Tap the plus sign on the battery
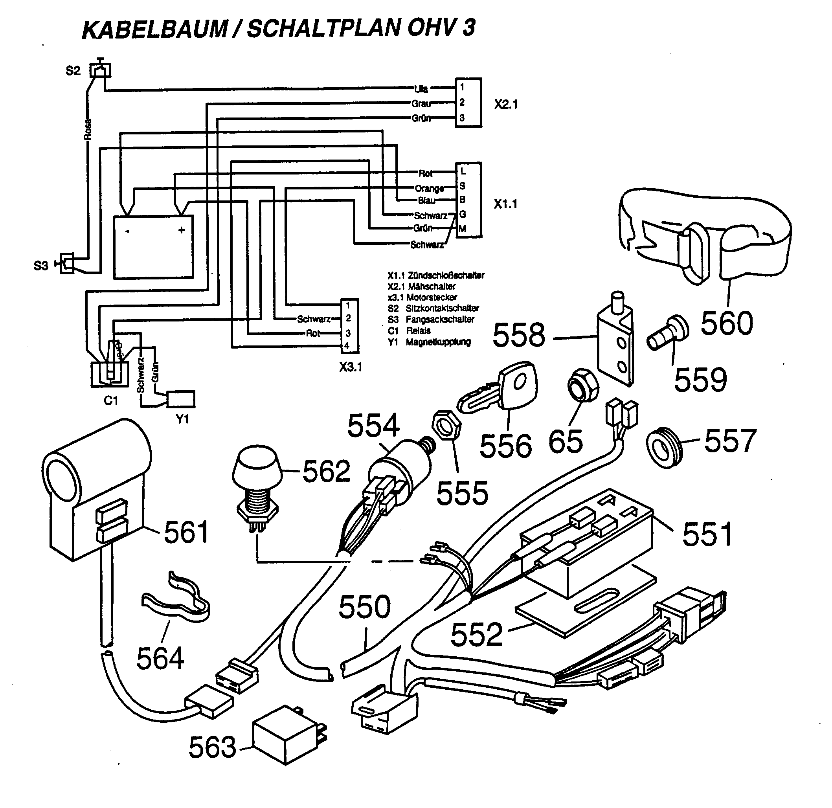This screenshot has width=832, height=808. (x=182, y=230)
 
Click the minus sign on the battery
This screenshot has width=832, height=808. (x=127, y=232)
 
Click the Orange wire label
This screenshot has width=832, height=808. (x=429, y=188)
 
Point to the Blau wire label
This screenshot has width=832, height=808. (x=427, y=200)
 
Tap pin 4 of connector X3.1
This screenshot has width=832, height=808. (x=348, y=346)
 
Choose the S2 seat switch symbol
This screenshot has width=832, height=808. (x=100, y=70)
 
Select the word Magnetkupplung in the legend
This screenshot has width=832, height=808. (x=438, y=342)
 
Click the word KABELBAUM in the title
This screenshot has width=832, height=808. (x=155, y=30)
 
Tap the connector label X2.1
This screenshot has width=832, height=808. (x=505, y=105)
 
